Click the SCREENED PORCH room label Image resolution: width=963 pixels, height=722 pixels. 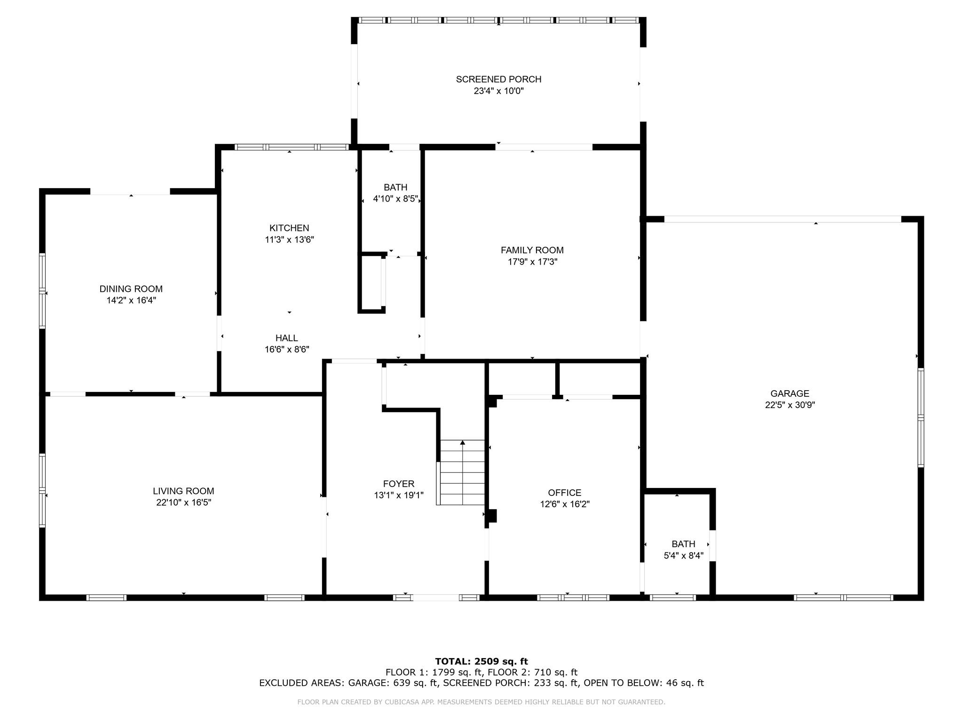coord(498,79)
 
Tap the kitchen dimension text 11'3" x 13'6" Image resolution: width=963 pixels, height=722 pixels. coord(289,240)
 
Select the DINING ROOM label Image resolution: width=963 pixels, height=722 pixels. coord(131,289)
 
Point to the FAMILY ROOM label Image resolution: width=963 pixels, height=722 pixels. coord(532,251)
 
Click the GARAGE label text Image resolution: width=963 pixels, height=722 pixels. coord(789,394)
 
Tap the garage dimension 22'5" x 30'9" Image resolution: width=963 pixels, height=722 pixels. coord(789,405)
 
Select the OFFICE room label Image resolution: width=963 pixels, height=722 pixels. coord(564,493)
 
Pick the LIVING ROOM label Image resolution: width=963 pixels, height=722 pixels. coord(183,491)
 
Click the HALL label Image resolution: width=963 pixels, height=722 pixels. coord(286,338)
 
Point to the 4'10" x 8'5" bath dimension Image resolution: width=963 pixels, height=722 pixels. coord(395,199)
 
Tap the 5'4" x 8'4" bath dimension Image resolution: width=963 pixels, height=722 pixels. coord(683,556)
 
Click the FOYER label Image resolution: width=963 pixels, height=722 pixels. coord(398,484)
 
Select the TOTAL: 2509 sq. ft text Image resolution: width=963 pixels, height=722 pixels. coord(481,661)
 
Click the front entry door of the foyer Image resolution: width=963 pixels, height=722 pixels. coord(435,597)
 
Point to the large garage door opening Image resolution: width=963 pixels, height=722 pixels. coord(782,219)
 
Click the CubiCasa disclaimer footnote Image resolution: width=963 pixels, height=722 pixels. coord(481,702)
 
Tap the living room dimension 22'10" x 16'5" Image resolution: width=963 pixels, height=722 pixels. coord(183,502)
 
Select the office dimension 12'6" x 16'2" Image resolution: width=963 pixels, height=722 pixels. coord(564,504)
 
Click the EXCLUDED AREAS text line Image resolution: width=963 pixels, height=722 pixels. coord(481,683)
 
